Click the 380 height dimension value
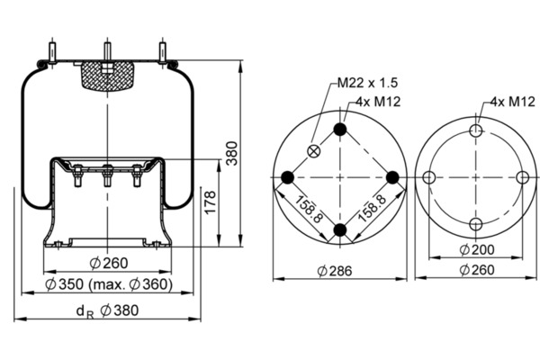(x=232, y=153)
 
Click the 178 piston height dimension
(x=210, y=202)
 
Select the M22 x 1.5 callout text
(x=367, y=83)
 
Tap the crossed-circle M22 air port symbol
(x=313, y=151)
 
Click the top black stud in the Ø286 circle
(x=340, y=130)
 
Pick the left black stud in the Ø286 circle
(x=288, y=177)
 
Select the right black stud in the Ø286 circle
(x=392, y=177)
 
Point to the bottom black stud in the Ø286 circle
(x=340, y=229)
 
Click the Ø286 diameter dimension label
(x=335, y=271)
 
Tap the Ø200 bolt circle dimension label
(x=477, y=249)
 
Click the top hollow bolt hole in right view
(x=476, y=130)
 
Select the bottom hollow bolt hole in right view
(x=476, y=224)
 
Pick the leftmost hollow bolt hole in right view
(x=428, y=178)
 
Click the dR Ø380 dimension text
(x=107, y=310)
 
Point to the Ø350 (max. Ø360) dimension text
(x=109, y=284)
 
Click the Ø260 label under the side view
(x=109, y=263)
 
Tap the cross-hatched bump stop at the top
(x=107, y=76)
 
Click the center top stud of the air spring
(x=107, y=51)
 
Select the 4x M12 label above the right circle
(x=513, y=102)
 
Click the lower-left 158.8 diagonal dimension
(x=308, y=209)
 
